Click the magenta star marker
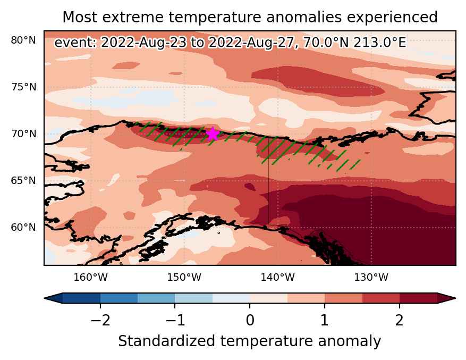(213, 133)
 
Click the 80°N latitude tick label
(23, 40)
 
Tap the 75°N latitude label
(23, 87)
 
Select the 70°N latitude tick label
(23, 134)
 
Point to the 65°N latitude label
(23, 181)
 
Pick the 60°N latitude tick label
(23, 227)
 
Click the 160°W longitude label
(90, 277)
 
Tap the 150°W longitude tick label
(184, 277)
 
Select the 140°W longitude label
(277, 277)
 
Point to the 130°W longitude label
(371, 277)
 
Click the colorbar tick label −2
(100, 321)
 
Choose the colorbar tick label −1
(175, 321)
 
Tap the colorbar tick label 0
(250, 321)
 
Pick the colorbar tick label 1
(325, 321)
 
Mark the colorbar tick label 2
(400, 321)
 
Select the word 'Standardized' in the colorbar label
(166, 341)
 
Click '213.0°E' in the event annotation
(379, 43)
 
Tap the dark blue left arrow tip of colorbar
(45, 298)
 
